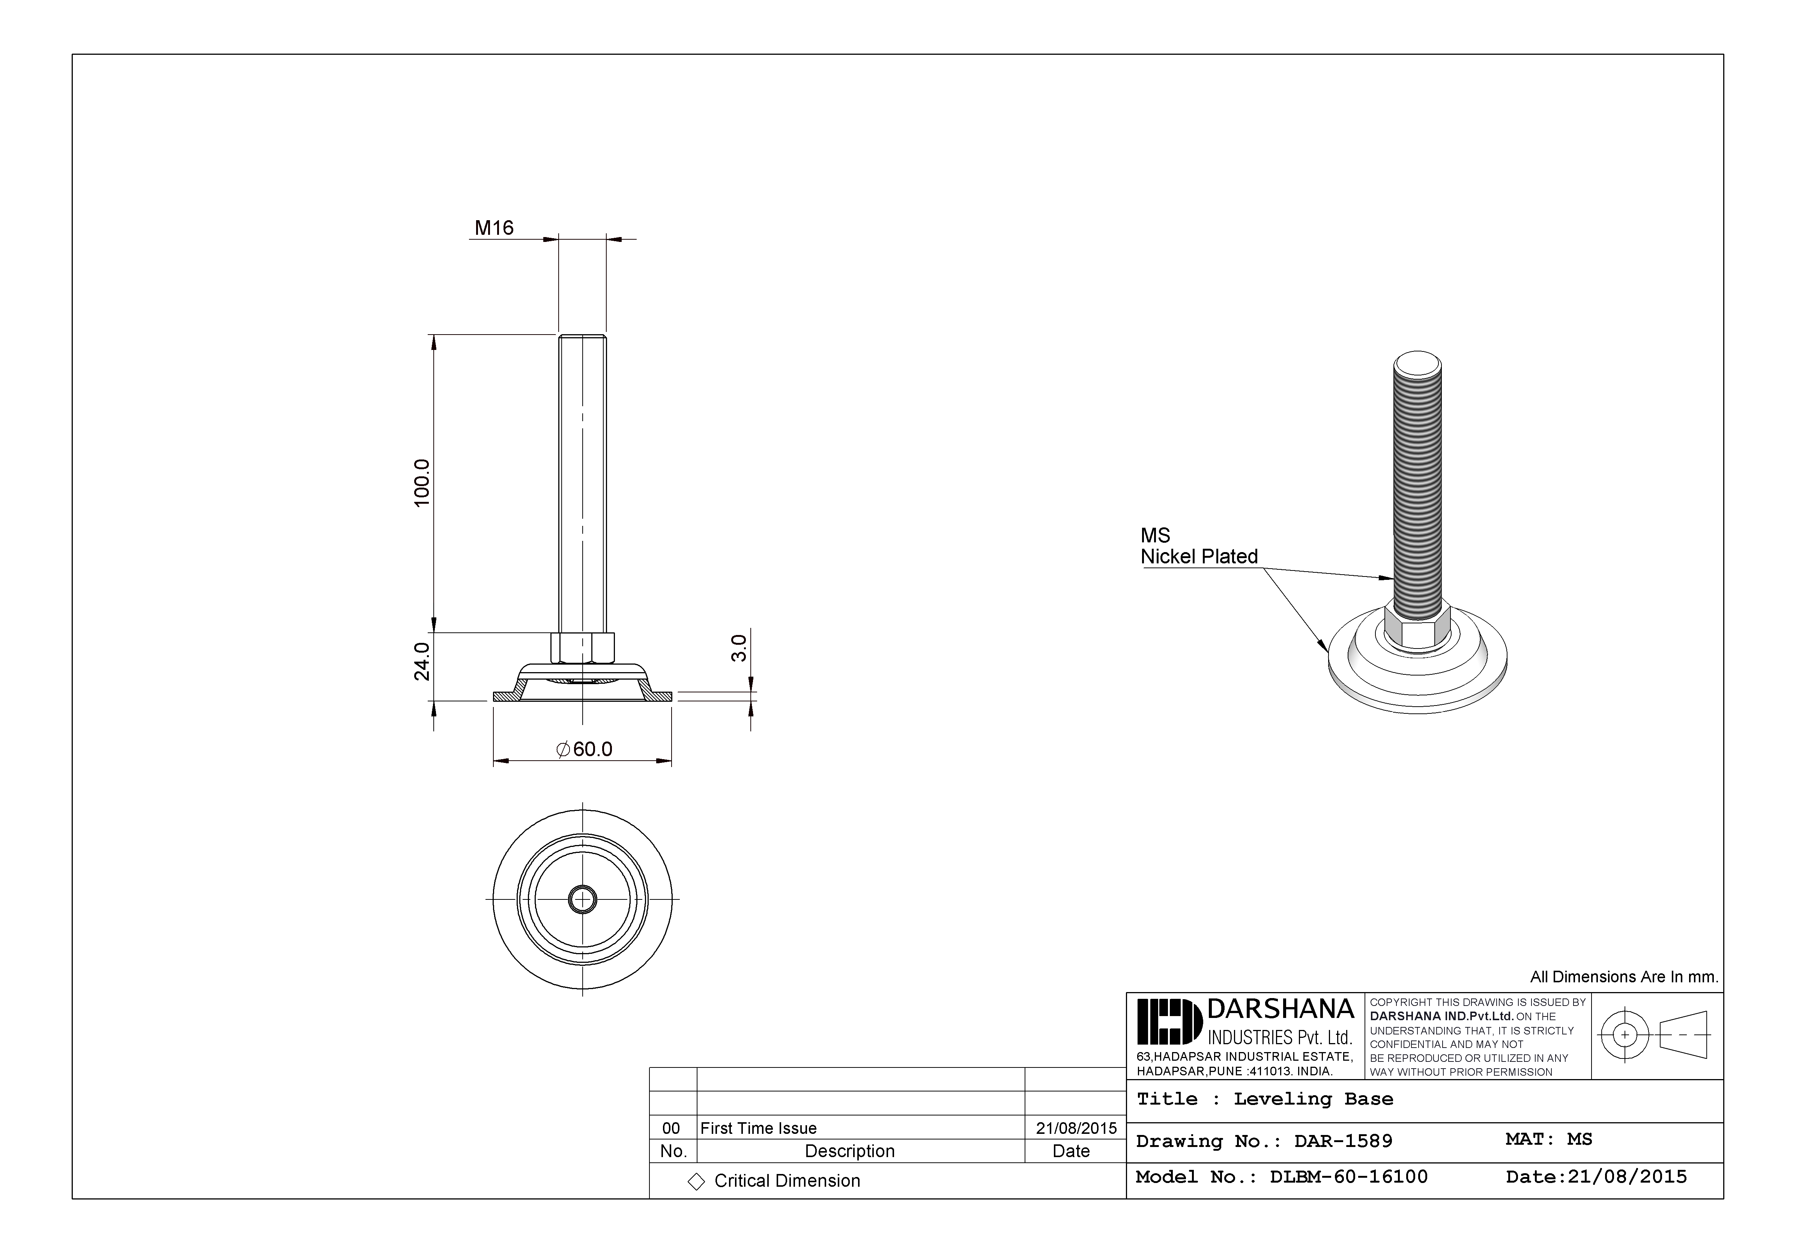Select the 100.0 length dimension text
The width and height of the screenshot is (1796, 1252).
click(422, 482)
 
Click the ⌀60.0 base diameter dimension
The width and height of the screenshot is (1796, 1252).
click(584, 749)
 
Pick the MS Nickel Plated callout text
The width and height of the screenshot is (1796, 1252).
click(1198, 546)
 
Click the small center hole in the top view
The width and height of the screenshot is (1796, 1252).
click(582, 899)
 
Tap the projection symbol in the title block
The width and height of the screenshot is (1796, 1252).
click(1656, 1034)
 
